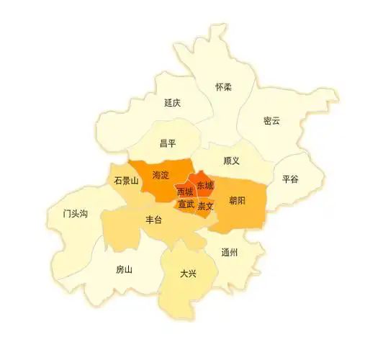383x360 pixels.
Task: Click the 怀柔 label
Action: [x=224, y=87]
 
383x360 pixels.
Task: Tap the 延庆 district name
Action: [x=172, y=103]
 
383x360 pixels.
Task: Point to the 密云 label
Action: [x=271, y=120]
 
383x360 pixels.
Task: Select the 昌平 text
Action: [x=168, y=143]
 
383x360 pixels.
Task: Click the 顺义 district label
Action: [x=231, y=161]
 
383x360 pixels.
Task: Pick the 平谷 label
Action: [x=290, y=179]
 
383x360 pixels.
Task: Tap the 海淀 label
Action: [x=161, y=175]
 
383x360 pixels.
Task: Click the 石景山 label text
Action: [x=126, y=181]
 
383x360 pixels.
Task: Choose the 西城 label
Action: [x=184, y=192]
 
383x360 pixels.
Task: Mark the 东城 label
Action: [x=204, y=185]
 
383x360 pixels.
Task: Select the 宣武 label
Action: [x=186, y=204]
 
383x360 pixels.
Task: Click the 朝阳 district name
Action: [x=237, y=200]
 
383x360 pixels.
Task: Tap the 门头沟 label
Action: [x=75, y=214]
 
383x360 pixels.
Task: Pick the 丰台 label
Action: [x=154, y=220]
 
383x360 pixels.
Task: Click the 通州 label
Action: [x=230, y=252]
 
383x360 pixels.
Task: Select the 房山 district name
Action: [x=125, y=269]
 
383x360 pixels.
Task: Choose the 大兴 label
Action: [x=189, y=274]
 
